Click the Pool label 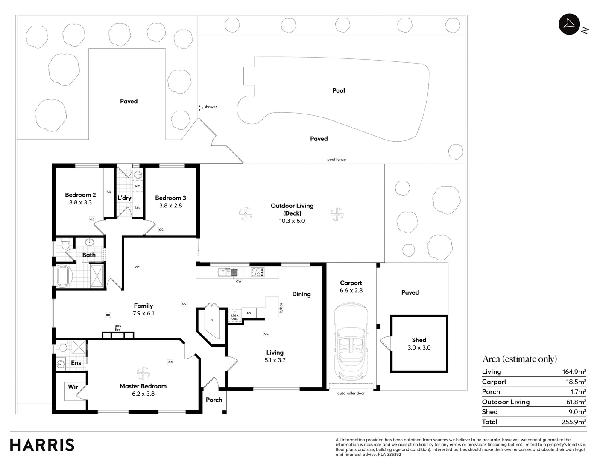tap(338, 90)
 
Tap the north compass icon tap(569, 24)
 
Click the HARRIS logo tap(42, 445)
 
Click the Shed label tap(419, 340)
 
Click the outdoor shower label tap(210, 107)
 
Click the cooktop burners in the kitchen tap(258, 272)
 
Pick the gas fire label tap(117, 328)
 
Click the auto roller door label tap(351, 393)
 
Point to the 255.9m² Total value tap(574, 422)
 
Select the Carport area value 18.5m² tap(576, 382)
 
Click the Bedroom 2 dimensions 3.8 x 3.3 tap(80, 202)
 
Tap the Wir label tap(73, 387)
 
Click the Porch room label tap(214, 400)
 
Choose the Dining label tap(301, 294)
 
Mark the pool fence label tap(337, 160)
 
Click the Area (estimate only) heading tap(520, 359)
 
